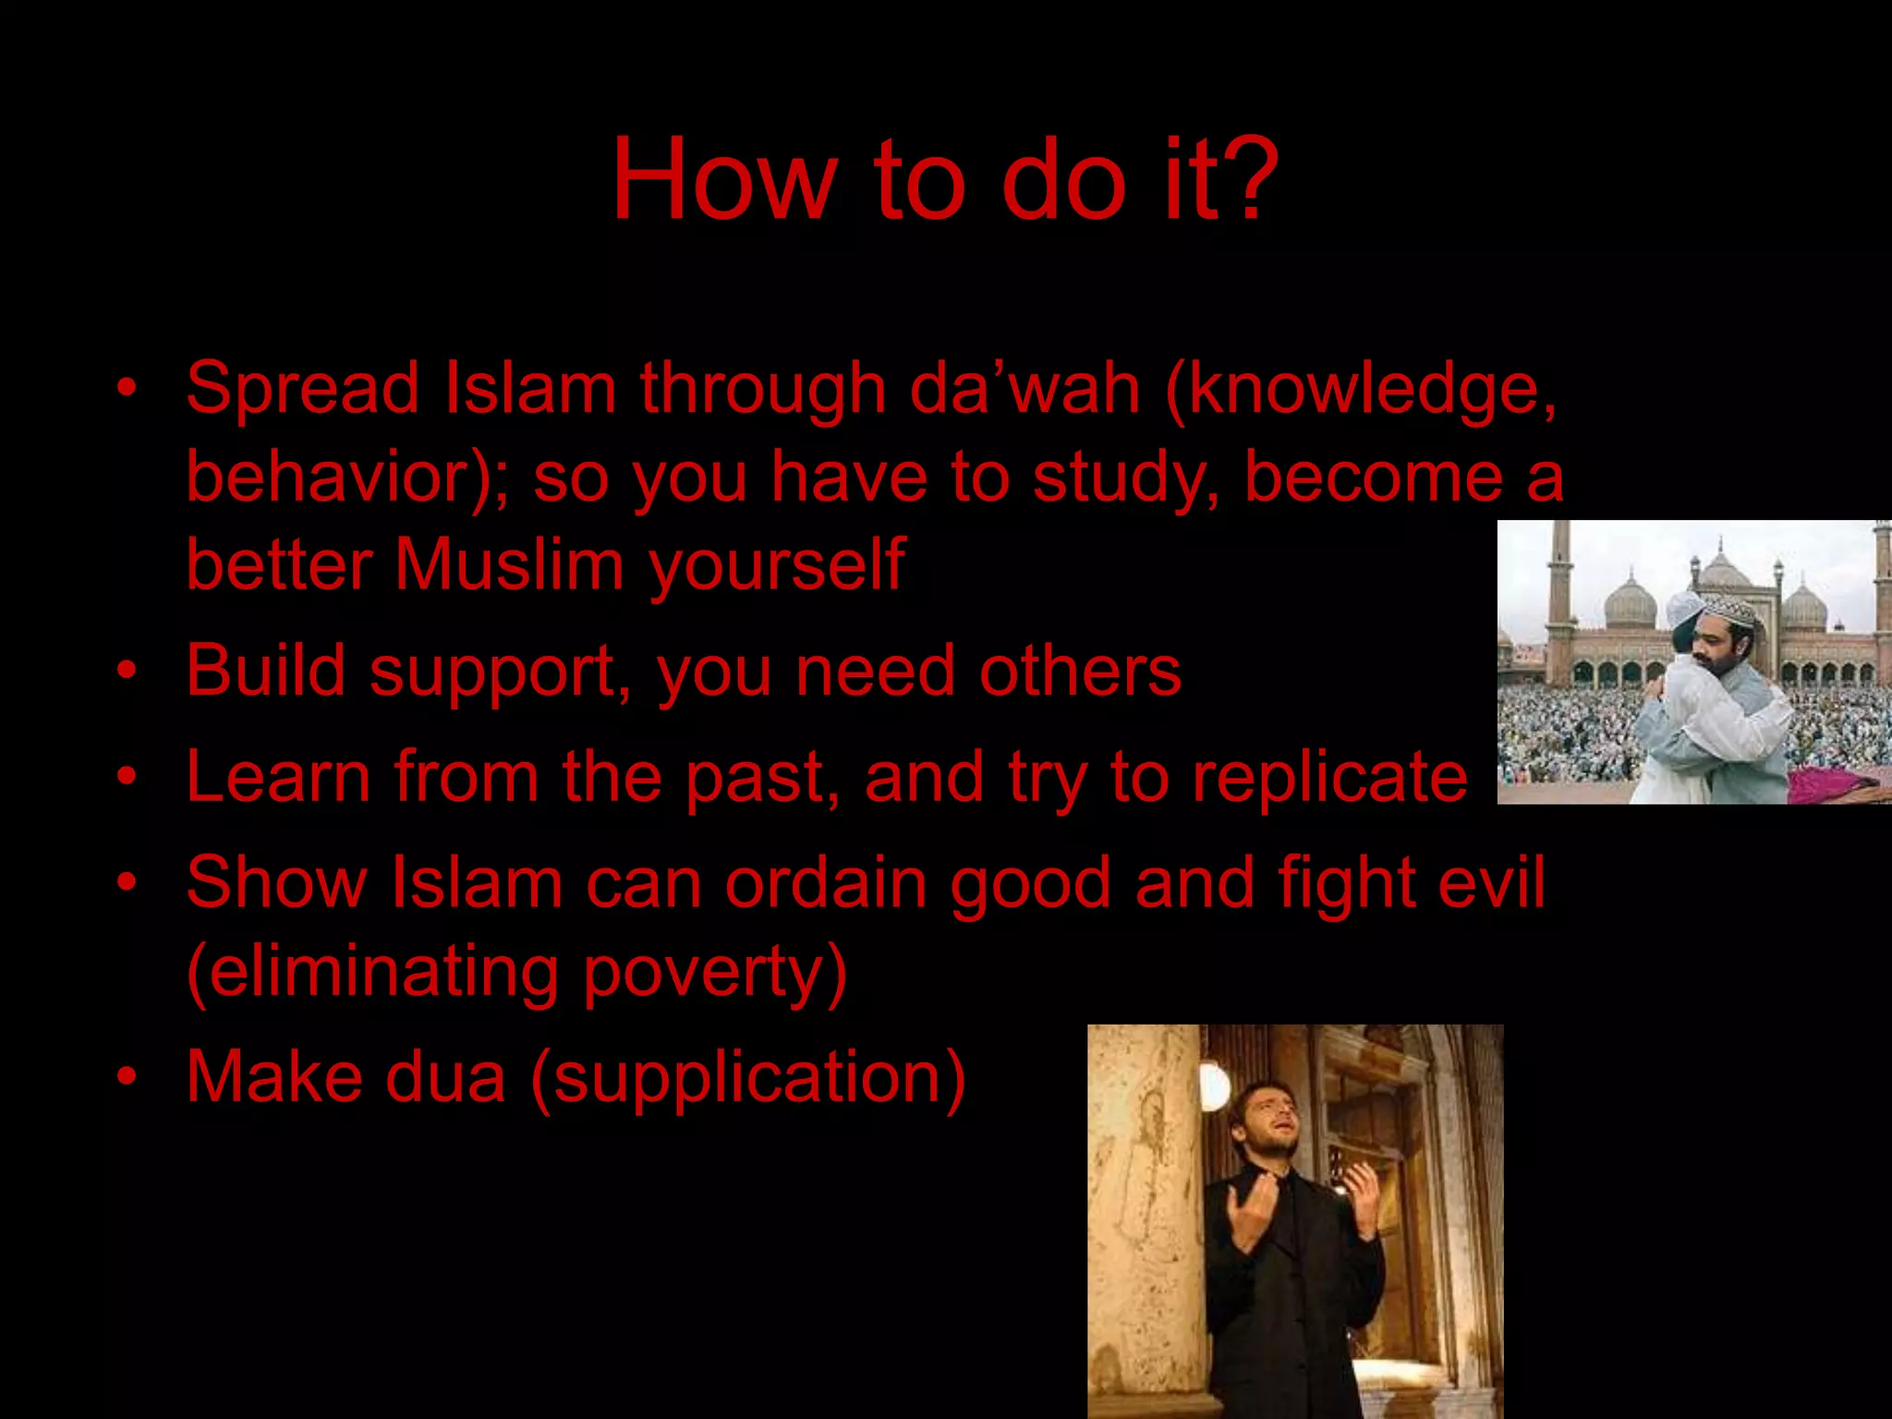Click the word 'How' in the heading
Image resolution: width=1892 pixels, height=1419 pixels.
723,180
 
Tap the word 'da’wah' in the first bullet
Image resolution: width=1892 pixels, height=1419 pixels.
1024,388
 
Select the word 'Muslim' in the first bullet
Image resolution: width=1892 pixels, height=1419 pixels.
509,564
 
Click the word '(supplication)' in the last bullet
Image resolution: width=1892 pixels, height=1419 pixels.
748,1077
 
